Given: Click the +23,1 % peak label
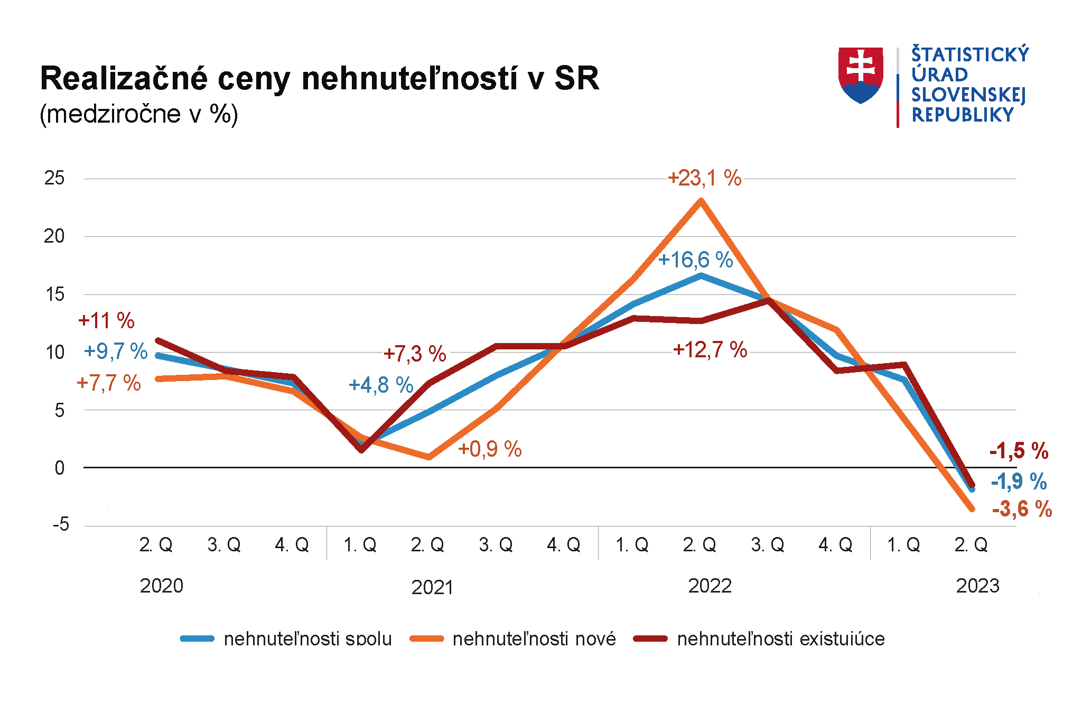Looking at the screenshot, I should pyautogui.click(x=704, y=178).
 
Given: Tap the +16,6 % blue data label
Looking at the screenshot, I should pyautogui.click(x=695, y=260).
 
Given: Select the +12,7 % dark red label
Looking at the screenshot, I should pyautogui.click(x=710, y=350).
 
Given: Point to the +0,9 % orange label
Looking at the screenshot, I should pyautogui.click(x=490, y=449).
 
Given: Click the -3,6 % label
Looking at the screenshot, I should pyautogui.click(x=1022, y=509).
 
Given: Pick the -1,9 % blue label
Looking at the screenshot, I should pyautogui.click(x=1018, y=482).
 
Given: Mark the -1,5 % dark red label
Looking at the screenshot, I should pyautogui.click(x=1019, y=451).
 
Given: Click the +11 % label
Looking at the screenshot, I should pyautogui.click(x=106, y=321).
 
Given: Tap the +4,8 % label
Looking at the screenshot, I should pyautogui.click(x=381, y=385).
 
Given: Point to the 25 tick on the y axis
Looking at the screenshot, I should pyautogui.click(x=54, y=178).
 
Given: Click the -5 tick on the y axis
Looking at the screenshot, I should pyautogui.click(x=60, y=524).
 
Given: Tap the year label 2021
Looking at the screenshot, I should pyautogui.click(x=432, y=587).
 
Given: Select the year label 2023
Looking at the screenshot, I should pyautogui.click(x=977, y=586).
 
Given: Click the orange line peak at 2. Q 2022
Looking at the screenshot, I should pyautogui.click(x=701, y=201).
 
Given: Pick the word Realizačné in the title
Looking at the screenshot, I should pyautogui.click(x=124, y=79).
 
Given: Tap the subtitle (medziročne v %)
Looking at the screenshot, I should pyautogui.click(x=139, y=114).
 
